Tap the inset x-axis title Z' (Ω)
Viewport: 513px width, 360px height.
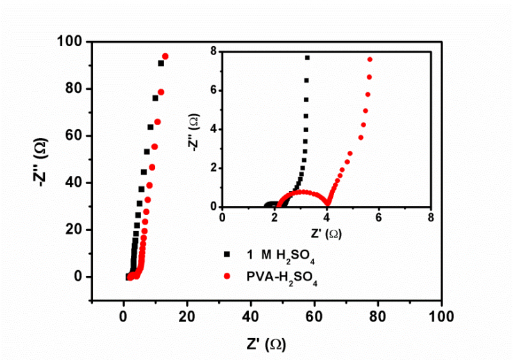(x=326, y=233)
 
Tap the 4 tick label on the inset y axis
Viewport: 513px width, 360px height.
(x=214, y=129)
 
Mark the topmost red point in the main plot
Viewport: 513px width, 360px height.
(x=165, y=56)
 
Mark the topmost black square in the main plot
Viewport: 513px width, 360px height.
(x=161, y=63)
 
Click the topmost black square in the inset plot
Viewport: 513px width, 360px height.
(x=307, y=58)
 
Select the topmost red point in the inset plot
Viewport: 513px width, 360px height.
(x=370, y=60)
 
